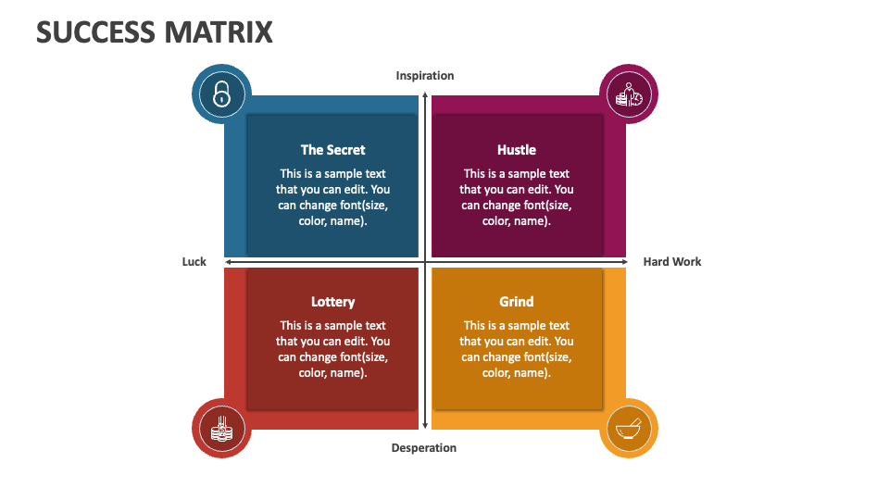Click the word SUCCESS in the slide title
[94, 32]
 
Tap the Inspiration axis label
[425, 76]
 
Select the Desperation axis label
[424, 448]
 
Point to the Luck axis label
[194, 262]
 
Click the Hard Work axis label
[672, 262]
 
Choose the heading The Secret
[333, 150]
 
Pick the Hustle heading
[517, 150]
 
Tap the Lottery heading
[333, 302]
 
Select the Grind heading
[517, 302]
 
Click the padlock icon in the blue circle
[221, 94]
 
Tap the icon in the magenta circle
[629, 94]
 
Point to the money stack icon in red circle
[221, 429]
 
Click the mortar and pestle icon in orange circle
[629, 429]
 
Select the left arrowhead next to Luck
[228, 262]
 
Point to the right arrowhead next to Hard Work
[622, 262]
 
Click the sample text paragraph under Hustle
[517, 197]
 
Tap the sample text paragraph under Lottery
[333, 349]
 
